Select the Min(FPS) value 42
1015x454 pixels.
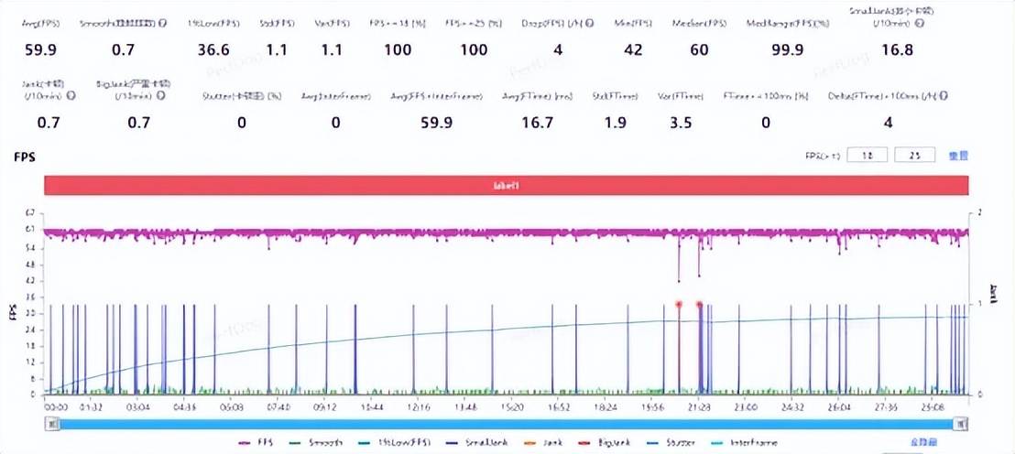click(633, 50)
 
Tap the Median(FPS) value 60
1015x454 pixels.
click(699, 50)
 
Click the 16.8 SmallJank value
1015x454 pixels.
click(896, 50)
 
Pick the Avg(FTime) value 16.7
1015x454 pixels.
click(536, 123)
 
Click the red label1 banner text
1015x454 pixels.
click(507, 185)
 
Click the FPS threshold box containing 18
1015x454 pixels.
click(866, 156)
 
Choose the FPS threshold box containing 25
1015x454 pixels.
click(912, 156)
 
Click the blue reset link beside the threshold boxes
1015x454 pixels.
click(957, 156)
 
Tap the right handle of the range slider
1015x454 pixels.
click(960, 423)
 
